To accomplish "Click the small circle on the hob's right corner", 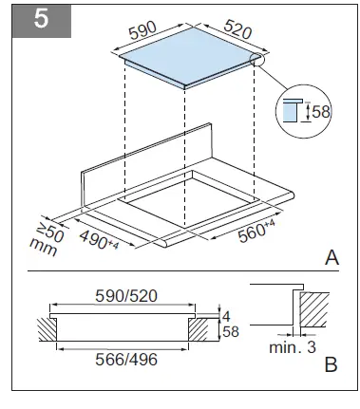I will click(x=256, y=60).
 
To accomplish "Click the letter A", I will click(x=332, y=257).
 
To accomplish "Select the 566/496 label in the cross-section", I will click(x=122, y=361).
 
